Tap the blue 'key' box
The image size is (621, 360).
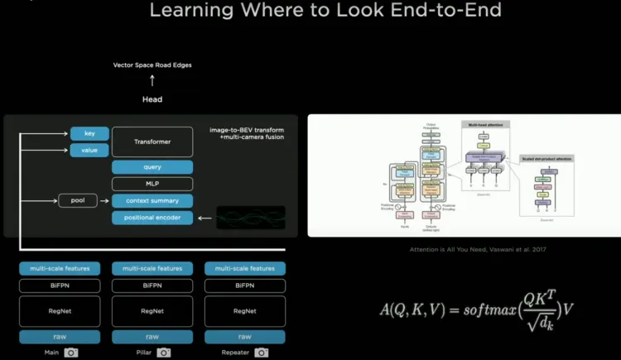89,133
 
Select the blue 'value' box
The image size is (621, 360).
89,150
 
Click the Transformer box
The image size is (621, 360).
152,142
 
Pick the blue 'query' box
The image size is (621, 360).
152,167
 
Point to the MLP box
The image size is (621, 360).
152,184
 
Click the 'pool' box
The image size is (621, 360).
78,200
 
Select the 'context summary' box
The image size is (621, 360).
152,200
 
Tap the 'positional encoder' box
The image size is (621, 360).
152,218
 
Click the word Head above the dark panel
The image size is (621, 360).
152,99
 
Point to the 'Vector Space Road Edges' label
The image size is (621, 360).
152,65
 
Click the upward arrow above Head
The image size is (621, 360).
152,81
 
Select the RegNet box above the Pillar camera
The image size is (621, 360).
152,311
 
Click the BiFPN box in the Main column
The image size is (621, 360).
60,286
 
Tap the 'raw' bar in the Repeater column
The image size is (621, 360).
244,337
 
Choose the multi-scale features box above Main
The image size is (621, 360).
60,268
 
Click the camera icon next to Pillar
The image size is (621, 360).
164,353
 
